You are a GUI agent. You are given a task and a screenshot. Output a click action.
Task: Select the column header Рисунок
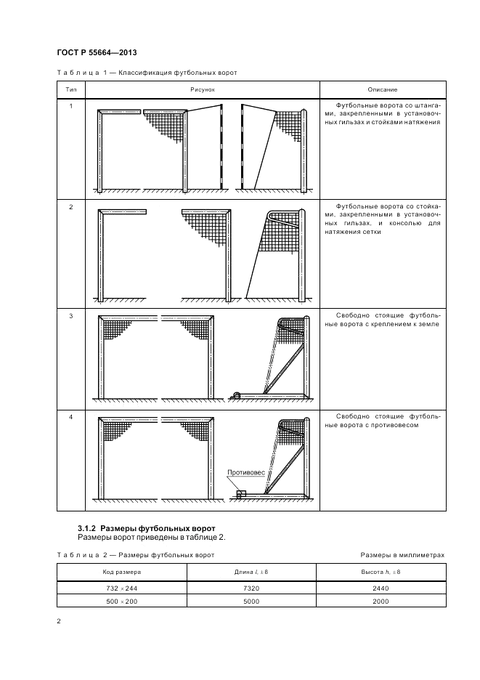click(203, 89)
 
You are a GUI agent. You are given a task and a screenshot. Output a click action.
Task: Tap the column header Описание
click(382, 89)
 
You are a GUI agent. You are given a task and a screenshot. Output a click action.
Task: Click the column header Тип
click(71, 89)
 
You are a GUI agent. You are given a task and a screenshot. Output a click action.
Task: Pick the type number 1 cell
click(71, 106)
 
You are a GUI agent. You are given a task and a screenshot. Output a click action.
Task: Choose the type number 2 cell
click(71, 207)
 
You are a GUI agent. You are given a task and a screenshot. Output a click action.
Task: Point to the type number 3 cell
click(71, 315)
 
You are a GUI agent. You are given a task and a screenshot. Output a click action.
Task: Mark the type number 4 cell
click(71, 416)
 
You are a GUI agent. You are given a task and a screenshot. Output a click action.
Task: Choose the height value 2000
click(381, 601)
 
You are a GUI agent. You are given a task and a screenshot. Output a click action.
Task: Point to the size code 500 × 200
click(121, 601)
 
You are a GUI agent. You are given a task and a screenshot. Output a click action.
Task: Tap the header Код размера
click(121, 572)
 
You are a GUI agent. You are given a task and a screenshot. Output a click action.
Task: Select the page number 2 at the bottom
click(58, 621)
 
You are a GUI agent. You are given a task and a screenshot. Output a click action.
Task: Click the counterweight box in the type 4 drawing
click(242, 493)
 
